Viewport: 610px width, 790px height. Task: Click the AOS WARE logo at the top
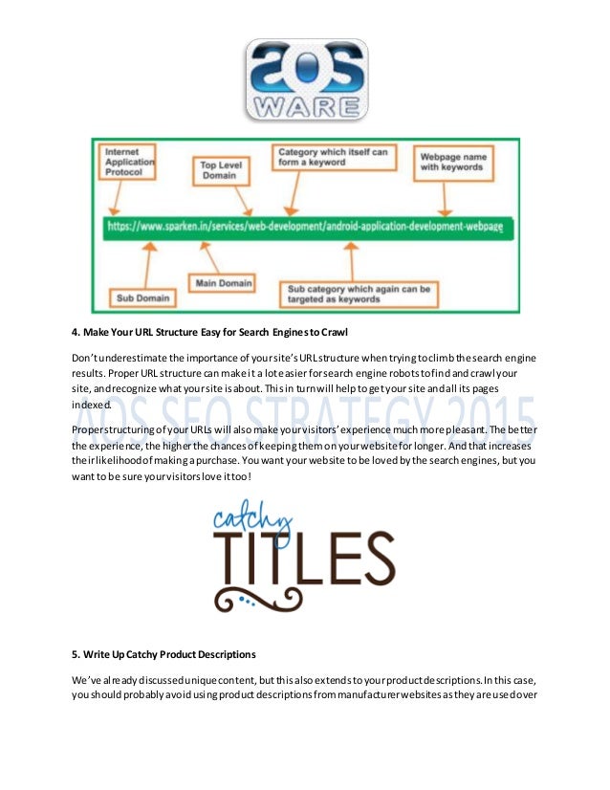click(x=304, y=79)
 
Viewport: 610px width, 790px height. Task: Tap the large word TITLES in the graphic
click(x=302, y=558)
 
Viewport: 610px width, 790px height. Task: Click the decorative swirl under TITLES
click(x=301, y=600)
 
